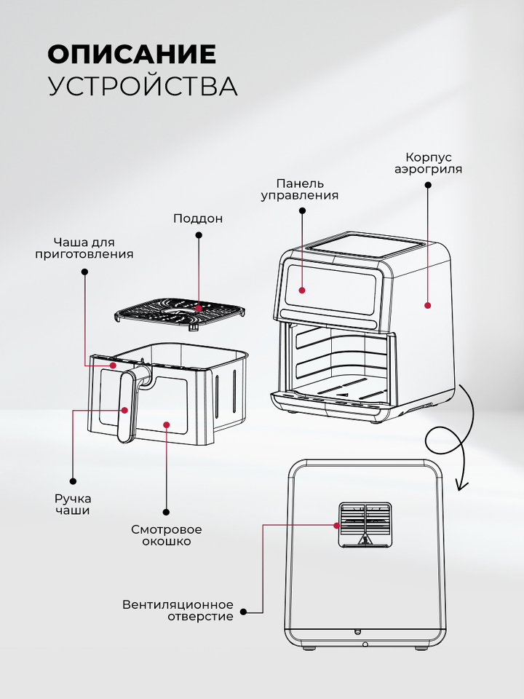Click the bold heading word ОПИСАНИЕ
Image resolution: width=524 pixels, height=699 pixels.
(132, 55)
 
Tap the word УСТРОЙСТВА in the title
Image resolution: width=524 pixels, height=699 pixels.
(143, 86)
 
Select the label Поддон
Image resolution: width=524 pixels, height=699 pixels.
(198, 218)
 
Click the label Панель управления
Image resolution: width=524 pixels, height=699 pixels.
(299, 189)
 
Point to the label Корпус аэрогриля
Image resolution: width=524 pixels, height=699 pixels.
(428, 163)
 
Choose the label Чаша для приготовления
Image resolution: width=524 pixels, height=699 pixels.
(84, 248)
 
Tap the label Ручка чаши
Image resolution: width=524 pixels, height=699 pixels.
(73, 504)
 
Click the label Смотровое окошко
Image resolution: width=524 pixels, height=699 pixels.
(166, 535)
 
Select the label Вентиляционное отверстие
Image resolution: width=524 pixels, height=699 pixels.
(178, 611)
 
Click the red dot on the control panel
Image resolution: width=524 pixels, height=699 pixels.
(302, 291)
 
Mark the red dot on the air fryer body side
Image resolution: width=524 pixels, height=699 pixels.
(428, 305)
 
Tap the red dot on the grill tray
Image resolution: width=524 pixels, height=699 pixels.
(199, 307)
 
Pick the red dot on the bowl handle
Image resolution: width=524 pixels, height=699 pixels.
(124, 410)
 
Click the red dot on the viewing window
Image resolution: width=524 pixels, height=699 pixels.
(167, 424)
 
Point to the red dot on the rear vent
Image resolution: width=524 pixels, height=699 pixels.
(336, 526)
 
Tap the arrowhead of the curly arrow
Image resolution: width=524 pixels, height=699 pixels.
(461, 486)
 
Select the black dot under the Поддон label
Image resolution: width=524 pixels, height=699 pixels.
(199, 234)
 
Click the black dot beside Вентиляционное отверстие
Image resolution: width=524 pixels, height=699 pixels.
(243, 612)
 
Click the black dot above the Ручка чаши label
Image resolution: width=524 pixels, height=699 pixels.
(73, 481)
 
